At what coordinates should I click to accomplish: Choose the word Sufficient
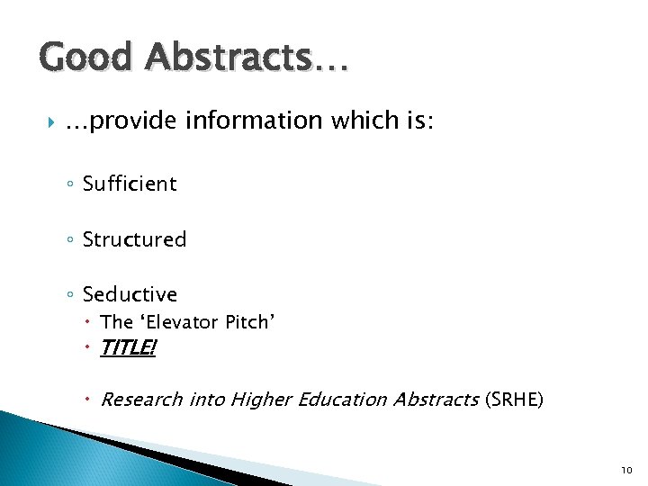click(x=130, y=184)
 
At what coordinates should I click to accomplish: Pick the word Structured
click(x=134, y=239)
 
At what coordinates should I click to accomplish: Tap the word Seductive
click(x=130, y=294)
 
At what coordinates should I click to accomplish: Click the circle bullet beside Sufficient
click(x=71, y=184)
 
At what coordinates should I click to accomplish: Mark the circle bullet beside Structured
click(x=71, y=240)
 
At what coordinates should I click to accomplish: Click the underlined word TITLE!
click(x=128, y=347)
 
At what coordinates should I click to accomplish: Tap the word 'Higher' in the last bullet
click(x=262, y=399)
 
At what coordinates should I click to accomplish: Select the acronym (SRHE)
click(x=514, y=399)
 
